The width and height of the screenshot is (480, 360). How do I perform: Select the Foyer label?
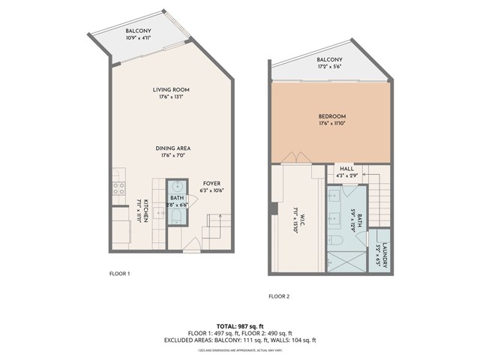click(212, 183)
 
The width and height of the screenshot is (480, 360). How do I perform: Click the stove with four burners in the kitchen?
click(118, 188)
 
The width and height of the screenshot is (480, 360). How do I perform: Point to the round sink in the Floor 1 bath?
click(177, 187)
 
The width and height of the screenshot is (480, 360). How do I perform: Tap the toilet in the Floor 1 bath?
click(177, 217)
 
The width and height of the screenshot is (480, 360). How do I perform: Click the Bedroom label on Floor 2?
click(331, 116)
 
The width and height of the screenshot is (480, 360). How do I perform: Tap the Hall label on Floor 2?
click(346, 169)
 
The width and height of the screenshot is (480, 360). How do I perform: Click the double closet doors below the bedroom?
click(298, 158)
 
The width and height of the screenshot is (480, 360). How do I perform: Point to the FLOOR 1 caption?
click(120, 274)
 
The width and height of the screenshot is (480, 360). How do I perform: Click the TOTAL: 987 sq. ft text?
click(240, 325)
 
